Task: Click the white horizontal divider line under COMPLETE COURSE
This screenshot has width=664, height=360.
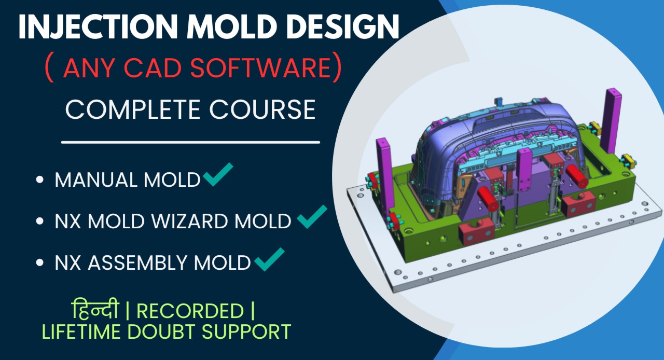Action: click(190, 142)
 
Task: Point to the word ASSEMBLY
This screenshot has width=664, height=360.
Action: click(138, 264)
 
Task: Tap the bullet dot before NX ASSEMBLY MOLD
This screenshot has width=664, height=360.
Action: click(40, 263)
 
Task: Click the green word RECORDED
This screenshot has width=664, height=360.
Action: click(190, 311)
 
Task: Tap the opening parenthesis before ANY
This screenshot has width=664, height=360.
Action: click(49, 70)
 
